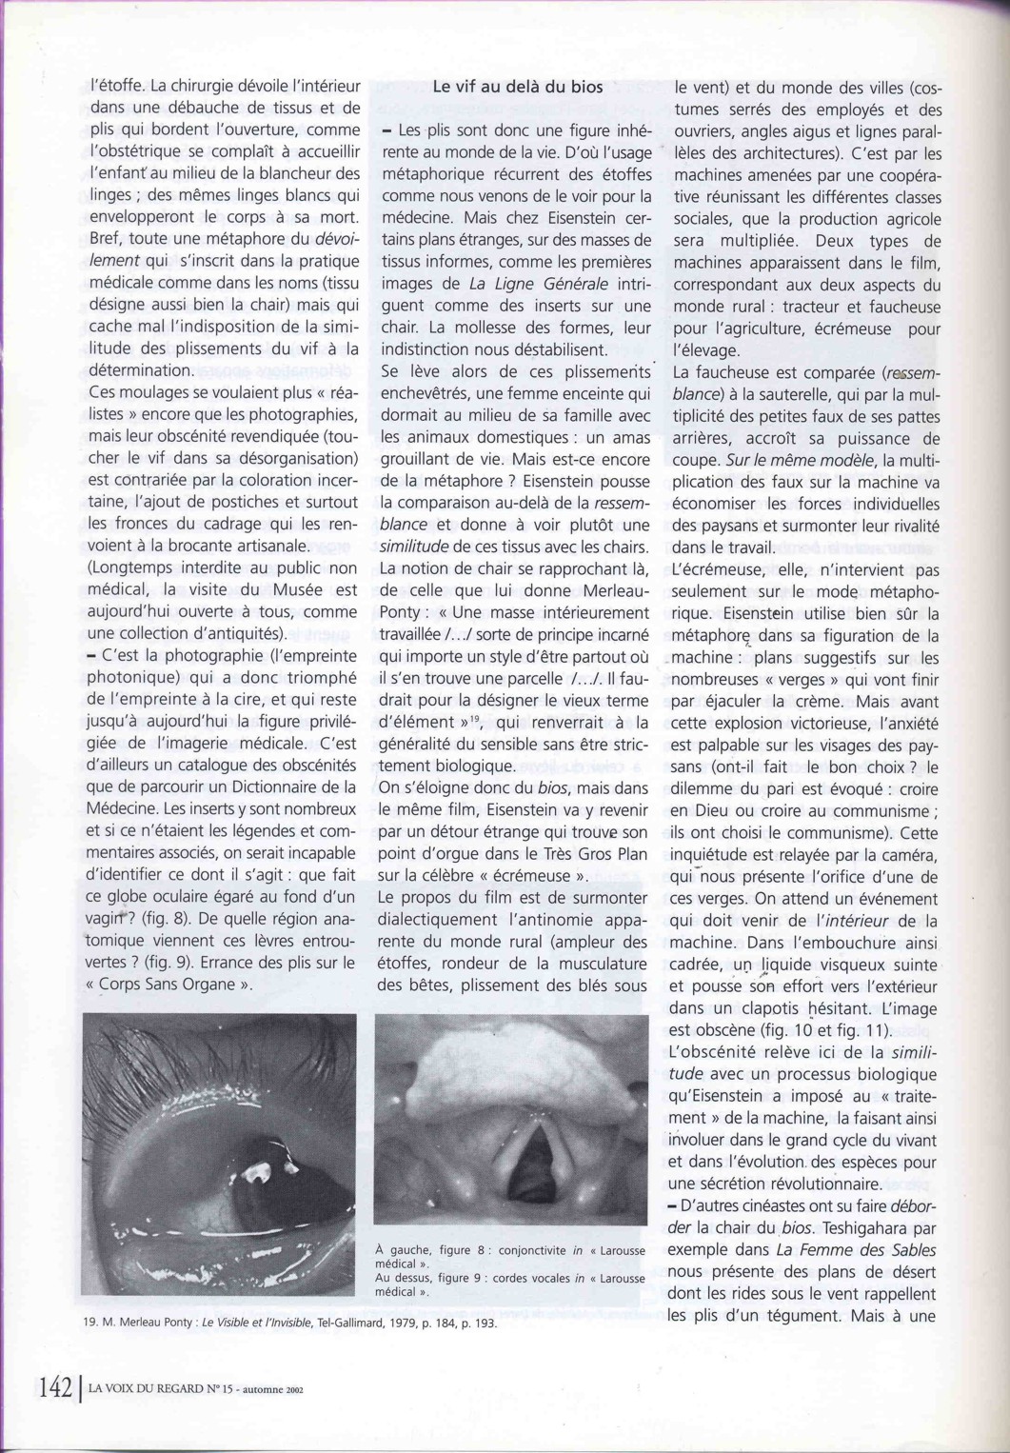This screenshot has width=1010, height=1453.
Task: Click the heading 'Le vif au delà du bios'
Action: click(517, 86)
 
